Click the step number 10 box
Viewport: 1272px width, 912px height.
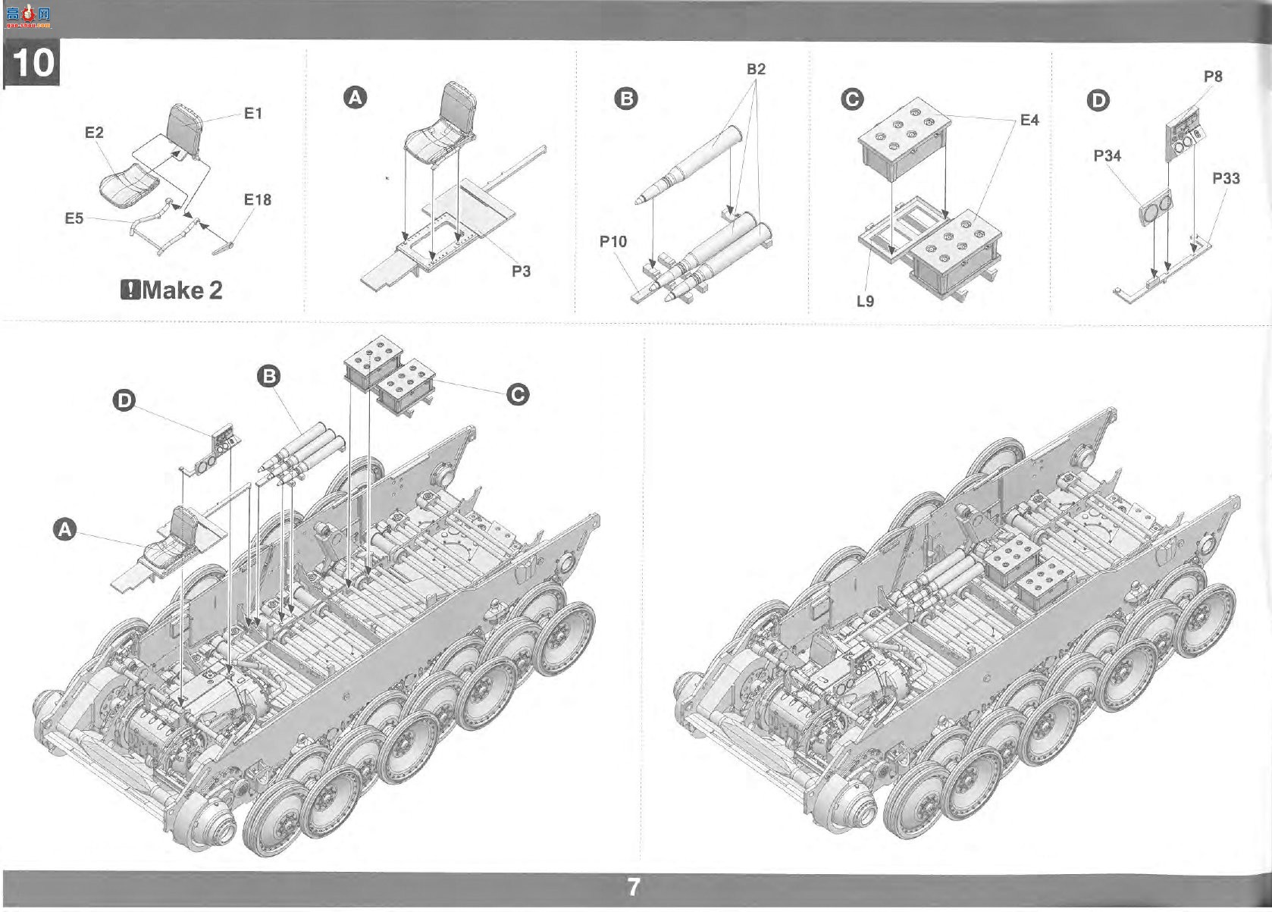tap(31, 62)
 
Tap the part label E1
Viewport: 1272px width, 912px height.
tap(253, 114)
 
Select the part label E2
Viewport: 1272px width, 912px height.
tap(94, 133)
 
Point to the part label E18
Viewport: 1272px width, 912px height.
tap(258, 199)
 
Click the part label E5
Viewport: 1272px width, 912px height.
tap(74, 218)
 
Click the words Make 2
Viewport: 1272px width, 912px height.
tap(182, 290)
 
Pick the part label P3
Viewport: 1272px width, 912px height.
tap(522, 271)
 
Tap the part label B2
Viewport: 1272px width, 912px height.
tap(757, 69)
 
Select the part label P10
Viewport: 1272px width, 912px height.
tap(613, 241)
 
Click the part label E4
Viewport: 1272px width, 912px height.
tap(1029, 120)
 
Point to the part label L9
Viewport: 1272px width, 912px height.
tap(866, 301)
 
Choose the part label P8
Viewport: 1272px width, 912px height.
tap(1213, 76)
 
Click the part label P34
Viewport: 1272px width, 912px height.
tap(1108, 155)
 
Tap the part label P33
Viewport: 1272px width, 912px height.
tap(1226, 178)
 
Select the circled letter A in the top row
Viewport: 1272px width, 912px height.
tap(356, 98)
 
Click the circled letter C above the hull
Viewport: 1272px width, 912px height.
tap(517, 395)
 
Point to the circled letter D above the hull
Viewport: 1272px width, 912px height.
tap(124, 400)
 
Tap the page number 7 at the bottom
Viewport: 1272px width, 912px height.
tap(634, 887)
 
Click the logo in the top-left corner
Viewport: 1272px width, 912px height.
tap(28, 17)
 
